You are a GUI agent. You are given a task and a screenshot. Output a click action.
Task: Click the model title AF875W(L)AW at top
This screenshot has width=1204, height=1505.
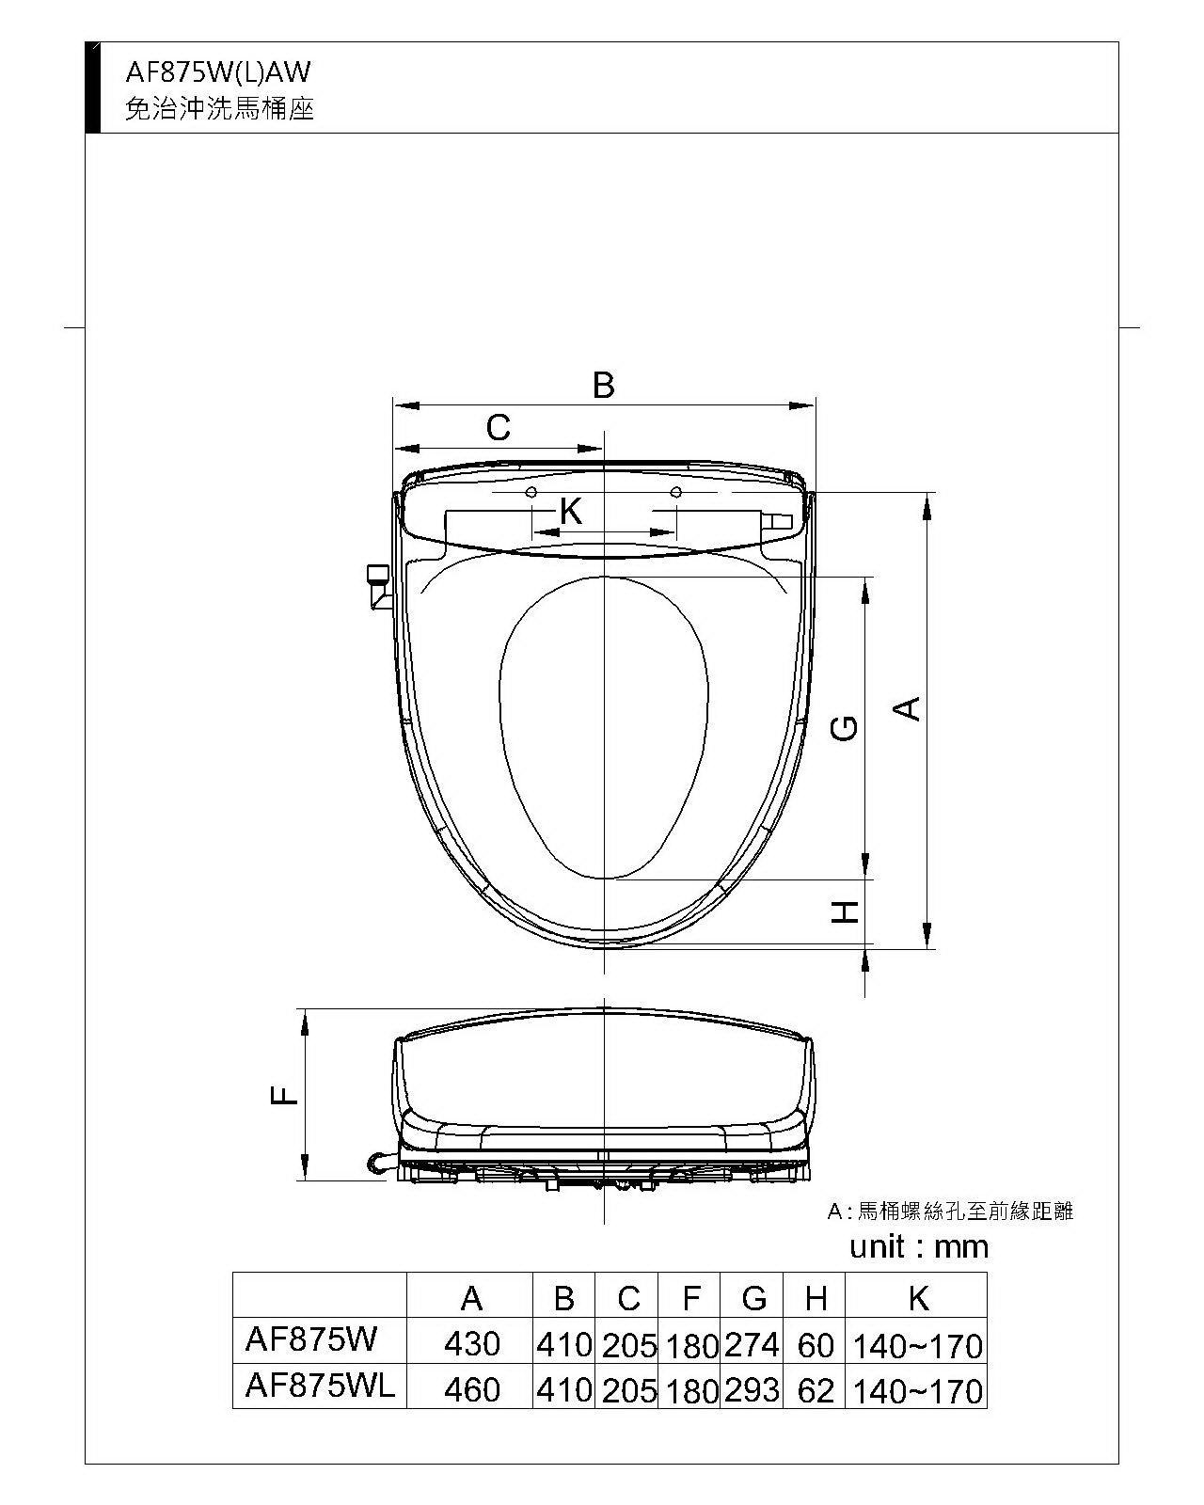(x=217, y=72)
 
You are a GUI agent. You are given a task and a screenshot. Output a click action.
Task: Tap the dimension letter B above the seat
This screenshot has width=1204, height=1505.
(x=603, y=386)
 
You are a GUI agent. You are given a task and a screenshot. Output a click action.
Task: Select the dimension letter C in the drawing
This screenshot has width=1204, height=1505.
(x=499, y=427)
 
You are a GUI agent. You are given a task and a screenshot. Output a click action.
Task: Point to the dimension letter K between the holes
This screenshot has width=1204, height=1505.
(x=571, y=511)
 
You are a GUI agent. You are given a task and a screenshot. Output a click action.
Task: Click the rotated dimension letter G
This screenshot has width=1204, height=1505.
(x=845, y=728)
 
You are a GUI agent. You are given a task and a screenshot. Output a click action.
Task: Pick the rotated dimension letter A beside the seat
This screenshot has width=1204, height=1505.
(x=907, y=708)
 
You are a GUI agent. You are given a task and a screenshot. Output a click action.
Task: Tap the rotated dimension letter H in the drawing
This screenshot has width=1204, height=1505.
(x=845, y=912)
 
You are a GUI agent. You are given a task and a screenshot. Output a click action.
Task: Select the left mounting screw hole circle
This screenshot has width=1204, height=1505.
(x=531, y=492)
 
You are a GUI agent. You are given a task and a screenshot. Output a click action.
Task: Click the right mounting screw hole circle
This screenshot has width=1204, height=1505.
(x=675, y=492)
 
